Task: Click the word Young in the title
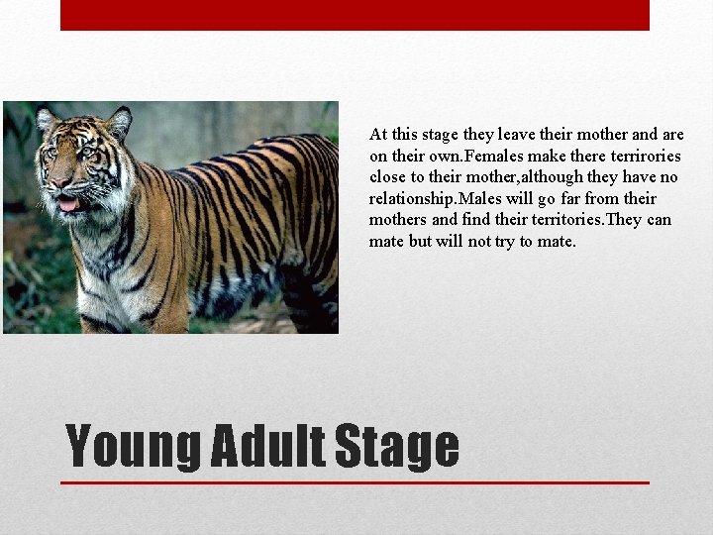coord(132,447)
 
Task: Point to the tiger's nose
coord(61,183)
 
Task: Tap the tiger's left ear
coord(46,119)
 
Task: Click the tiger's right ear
coord(120,121)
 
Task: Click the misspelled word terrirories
coord(643,156)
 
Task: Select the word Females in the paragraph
coord(495,156)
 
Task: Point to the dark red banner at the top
coord(355,15)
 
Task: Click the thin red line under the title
coord(355,482)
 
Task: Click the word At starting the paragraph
coord(378,134)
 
